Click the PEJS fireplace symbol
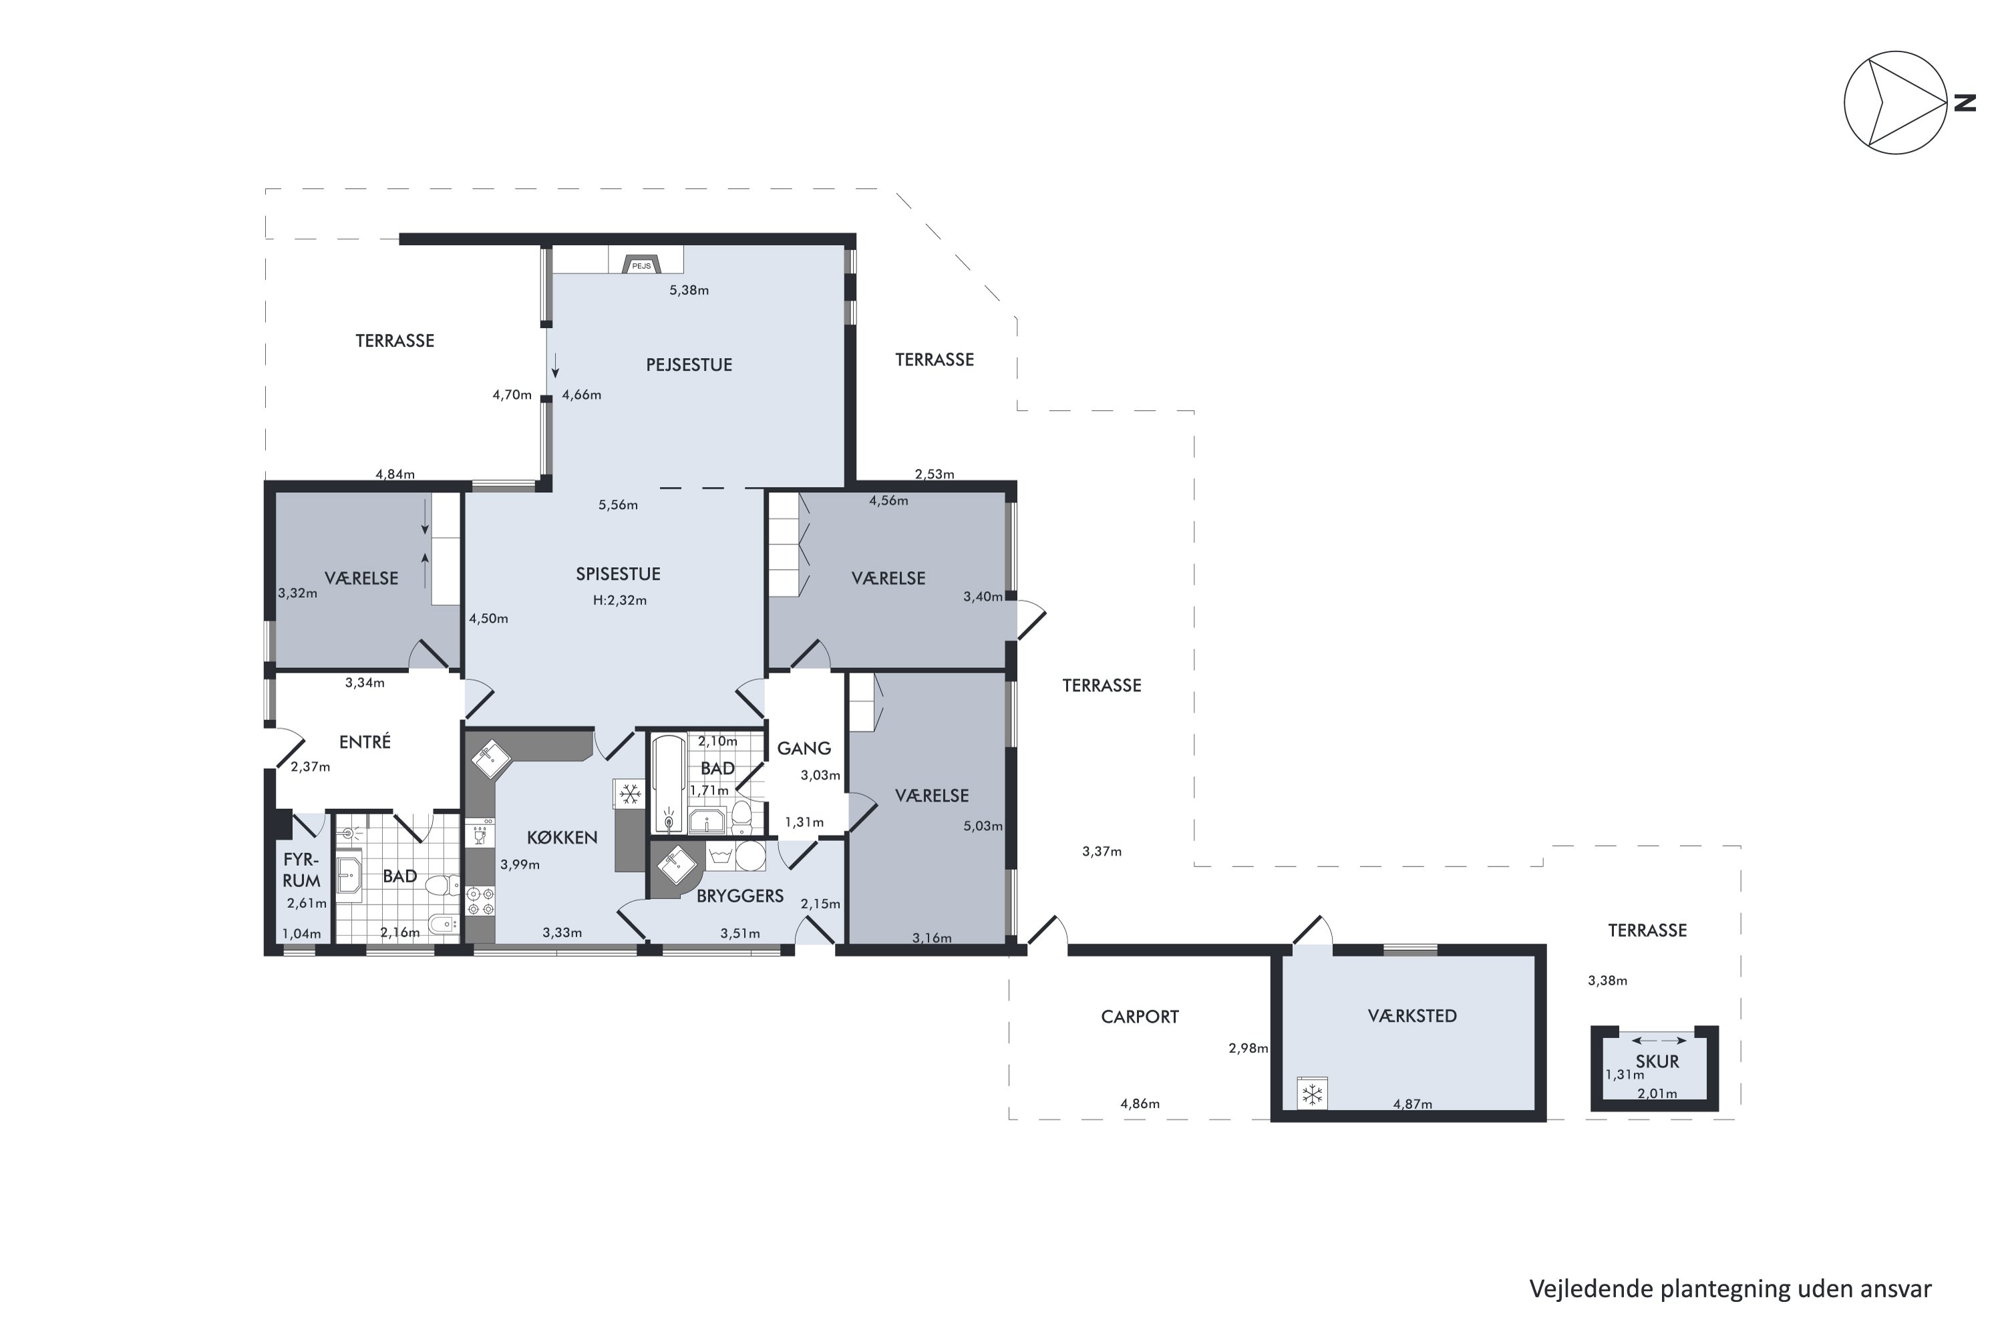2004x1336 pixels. click(641, 264)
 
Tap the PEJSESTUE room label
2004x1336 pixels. click(689, 365)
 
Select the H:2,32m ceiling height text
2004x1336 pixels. click(619, 600)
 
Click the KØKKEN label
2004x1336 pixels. click(562, 838)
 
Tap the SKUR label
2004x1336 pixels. click(1657, 1061)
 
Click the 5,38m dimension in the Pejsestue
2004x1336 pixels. click(689, 290)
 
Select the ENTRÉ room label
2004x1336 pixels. click(365, 741)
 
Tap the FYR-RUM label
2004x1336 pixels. click(302, 870)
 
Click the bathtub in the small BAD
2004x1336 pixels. click(669, 784)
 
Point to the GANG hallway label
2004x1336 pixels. click(804, 748)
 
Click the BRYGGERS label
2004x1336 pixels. click(739, 896)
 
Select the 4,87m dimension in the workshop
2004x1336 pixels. click(1412, 1104)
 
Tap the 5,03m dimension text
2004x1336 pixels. click(983, 826)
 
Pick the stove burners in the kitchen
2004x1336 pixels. click(480, 901)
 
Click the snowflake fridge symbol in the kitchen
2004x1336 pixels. click(630, 795)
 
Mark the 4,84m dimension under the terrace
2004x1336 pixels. click(395, 474)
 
